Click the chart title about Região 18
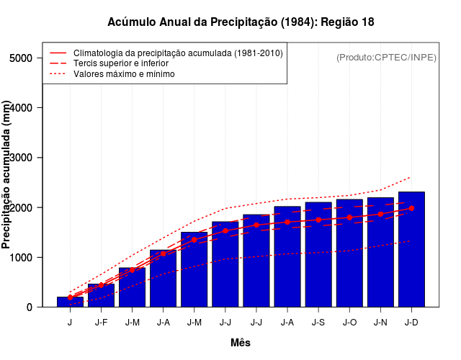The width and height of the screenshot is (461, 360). click(241, 22)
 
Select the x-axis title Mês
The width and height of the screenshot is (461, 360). click(241, 343)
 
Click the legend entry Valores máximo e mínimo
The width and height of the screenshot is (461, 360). click(123, 73)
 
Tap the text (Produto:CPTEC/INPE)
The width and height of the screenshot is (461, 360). click(386, 57)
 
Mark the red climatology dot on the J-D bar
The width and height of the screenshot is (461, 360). click(411, 208)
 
